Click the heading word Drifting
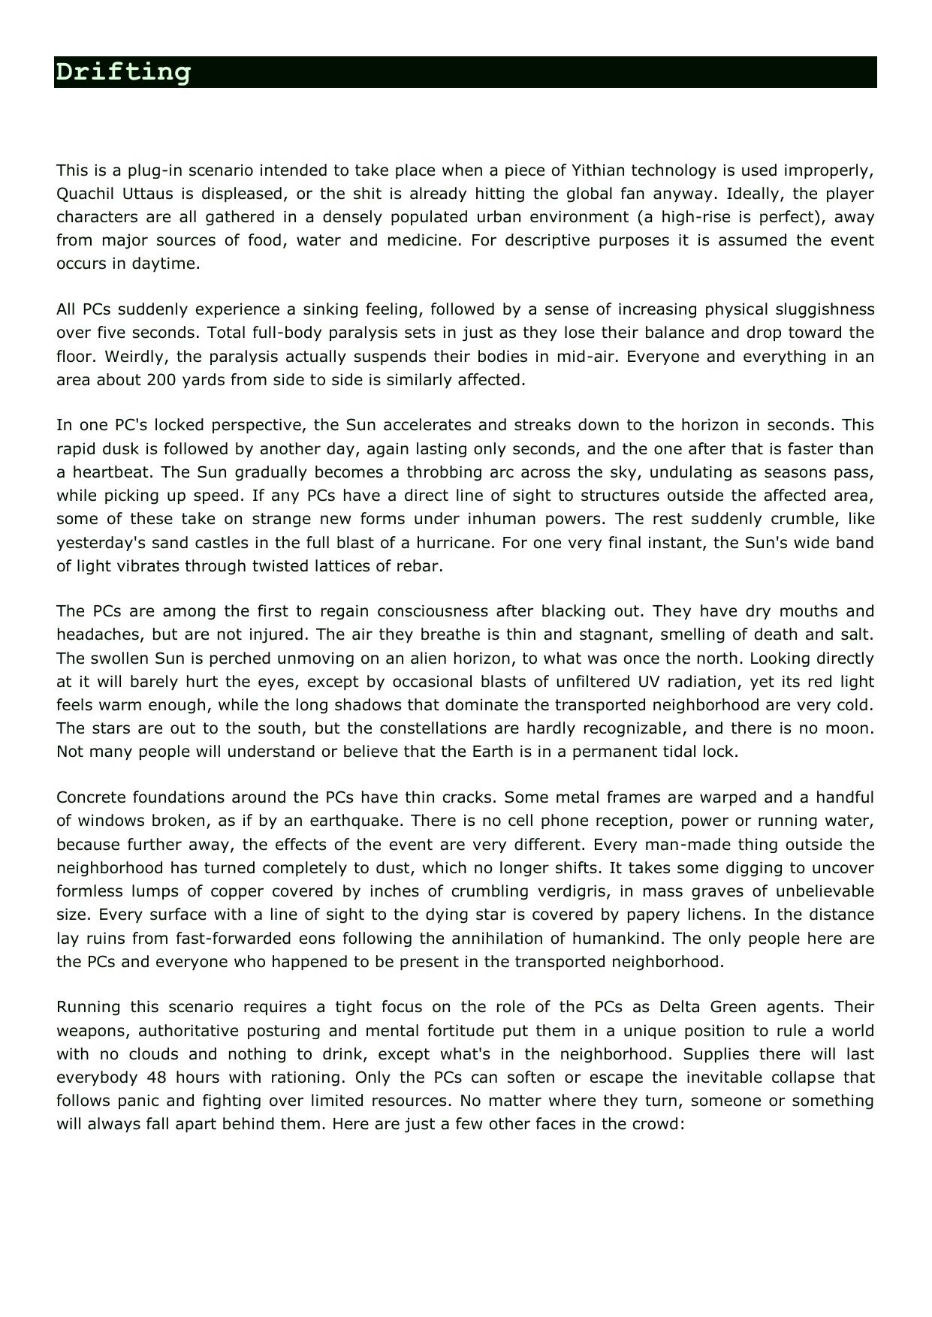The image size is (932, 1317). (123, 73)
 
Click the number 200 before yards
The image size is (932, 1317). (161, 380)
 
